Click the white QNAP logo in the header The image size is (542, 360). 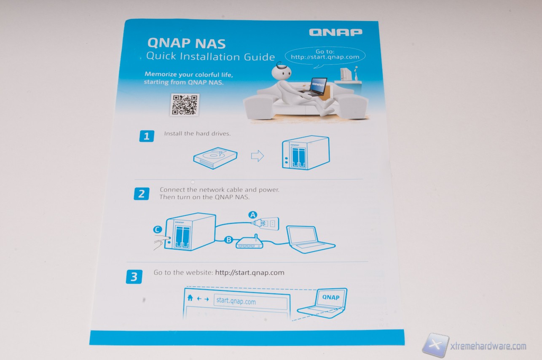[x=335, y=32]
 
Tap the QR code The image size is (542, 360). [x=185, y=105]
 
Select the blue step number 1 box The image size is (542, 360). [x=147, y=136]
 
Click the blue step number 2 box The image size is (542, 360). [x=142, y=194]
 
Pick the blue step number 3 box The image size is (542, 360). [x=134, y=277]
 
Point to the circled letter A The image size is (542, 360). [x=253, y=215]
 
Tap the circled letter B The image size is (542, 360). [x=228, y=240]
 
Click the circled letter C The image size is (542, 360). [x=158, y=229]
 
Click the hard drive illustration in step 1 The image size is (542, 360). [x=215, y=158]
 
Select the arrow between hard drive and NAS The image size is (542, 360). [x=257, y=156]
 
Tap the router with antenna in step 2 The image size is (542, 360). [x=249, y=242]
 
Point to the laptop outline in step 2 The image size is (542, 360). [x=311, y=239]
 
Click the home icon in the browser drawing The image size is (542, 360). [x=190, y=298]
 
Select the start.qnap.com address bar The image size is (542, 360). [x=250, y=302]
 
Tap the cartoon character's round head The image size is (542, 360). [x=281, y=72]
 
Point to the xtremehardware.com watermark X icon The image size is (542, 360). [x=435, y=345]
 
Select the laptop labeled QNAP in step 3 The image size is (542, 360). [x=322, y=303]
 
